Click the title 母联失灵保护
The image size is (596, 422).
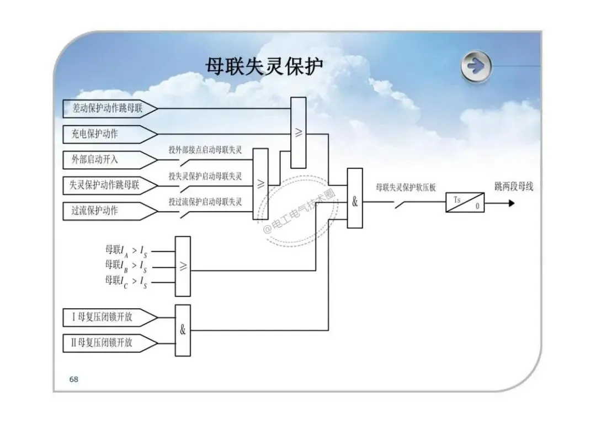point(264,66)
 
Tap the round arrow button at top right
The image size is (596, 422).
point(476,66)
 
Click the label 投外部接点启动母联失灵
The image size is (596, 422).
point(205,150)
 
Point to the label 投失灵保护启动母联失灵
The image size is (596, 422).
point(205,176)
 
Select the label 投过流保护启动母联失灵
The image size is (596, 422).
point(205,202)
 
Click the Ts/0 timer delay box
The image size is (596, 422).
point(465,202)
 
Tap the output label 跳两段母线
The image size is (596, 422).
point(514,187)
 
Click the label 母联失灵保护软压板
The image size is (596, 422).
point(406,187)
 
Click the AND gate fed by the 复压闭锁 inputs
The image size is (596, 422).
point(183,330)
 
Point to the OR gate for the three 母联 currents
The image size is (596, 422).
point(183,266)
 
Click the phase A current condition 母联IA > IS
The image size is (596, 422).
point(126,251)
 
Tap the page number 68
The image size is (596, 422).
point(74,379)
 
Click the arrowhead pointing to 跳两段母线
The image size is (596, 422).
point(512,203)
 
